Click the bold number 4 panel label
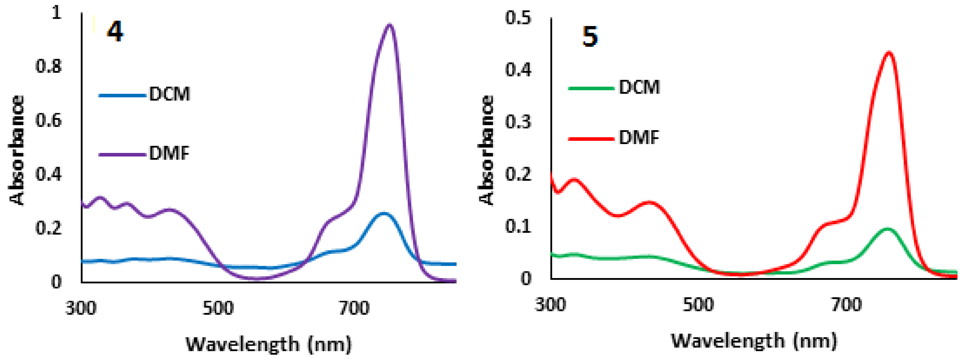(115, 32)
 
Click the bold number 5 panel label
(589, 37)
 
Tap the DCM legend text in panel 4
(170, 94)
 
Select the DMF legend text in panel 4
(169, 153)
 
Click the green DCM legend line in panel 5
(591, 88)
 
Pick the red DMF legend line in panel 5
(591, 138)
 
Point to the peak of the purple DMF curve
(389, 25)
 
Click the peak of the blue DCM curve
(383, 213)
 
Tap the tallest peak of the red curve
(889, 53)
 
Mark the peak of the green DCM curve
(887, 229)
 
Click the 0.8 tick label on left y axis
(49, 67)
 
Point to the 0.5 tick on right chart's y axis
(518, 18)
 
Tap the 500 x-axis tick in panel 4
(218, 309)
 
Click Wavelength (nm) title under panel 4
(269, 344)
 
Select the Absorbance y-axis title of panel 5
(486, 150)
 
